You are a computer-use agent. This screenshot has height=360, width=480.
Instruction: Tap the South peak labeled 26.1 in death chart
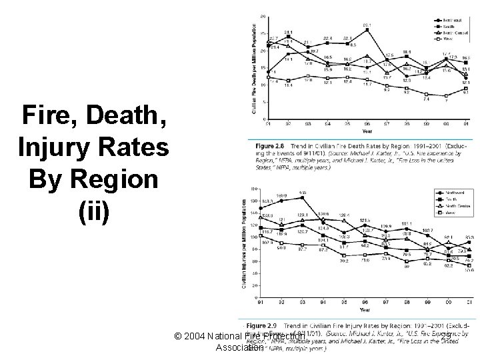367,29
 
